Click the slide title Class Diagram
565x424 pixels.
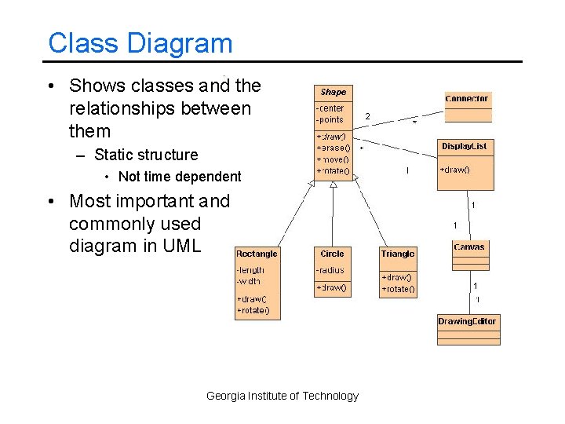point(140,43)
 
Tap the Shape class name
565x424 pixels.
point(333,92)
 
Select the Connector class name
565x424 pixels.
point(467,99)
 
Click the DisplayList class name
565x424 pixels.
point(464,146)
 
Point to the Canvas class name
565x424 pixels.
point(469,247)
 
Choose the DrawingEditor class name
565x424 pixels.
point(467,321)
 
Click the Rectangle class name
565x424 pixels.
point(257,254)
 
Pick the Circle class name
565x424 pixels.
point(332,254)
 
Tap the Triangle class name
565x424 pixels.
point(397,254)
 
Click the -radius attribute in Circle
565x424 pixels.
point(330,270)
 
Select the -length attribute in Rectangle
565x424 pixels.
point(251,270)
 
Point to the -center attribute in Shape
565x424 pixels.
point(330,108)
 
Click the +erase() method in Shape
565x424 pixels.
point(333,148)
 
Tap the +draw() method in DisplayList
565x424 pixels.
point(454,170)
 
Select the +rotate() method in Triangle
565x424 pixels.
point(398,289)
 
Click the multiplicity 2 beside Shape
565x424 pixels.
point(367,117)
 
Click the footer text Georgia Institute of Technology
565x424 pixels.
point(282,396)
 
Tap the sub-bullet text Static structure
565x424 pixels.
point(146,155)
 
